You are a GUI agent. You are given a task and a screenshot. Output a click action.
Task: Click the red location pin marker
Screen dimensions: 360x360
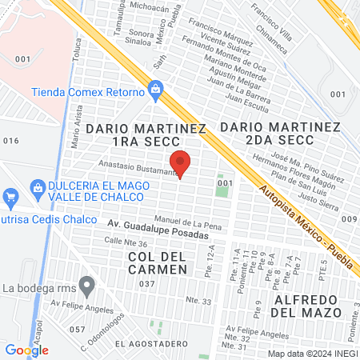point(181,163)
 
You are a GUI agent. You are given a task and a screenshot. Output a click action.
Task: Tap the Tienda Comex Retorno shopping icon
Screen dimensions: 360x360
point(156,90)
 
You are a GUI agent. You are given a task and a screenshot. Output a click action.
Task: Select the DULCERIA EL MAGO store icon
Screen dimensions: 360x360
point(38,187)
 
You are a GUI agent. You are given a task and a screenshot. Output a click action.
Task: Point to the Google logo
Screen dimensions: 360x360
point(26,350)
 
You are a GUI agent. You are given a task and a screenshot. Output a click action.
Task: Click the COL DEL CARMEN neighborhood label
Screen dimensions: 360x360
point(157,262)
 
